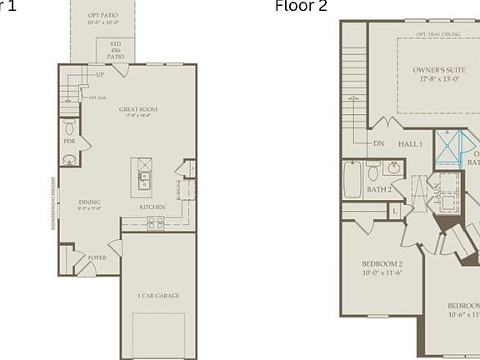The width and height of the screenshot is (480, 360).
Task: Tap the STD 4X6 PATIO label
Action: [116, 50]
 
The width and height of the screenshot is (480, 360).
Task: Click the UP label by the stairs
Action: [100, 75]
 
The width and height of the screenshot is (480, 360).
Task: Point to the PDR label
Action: [69, 142]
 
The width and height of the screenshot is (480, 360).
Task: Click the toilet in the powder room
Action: [69, 127]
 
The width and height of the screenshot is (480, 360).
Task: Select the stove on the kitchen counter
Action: [156, 222]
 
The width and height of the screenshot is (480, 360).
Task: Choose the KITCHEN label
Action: [152, 207]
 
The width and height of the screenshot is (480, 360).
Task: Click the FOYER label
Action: [97, 258]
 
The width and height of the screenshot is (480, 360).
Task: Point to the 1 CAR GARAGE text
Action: [158, 296]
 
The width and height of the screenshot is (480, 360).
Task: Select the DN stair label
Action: [378, 143]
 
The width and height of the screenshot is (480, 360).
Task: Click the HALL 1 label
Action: [410, 144]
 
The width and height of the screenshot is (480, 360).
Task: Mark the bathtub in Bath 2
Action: [352, 178]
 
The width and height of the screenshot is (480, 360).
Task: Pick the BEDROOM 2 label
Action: [382, 267]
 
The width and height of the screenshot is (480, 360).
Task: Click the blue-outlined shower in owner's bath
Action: [451, 149]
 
